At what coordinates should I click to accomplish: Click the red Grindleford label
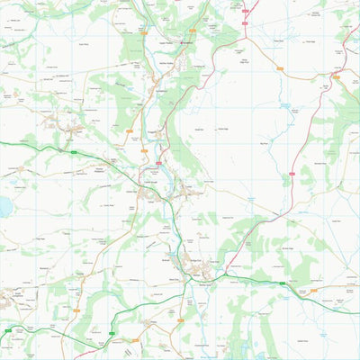point(188,42)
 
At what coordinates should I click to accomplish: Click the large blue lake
point(5,208)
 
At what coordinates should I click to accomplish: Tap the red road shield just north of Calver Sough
point(159,163)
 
